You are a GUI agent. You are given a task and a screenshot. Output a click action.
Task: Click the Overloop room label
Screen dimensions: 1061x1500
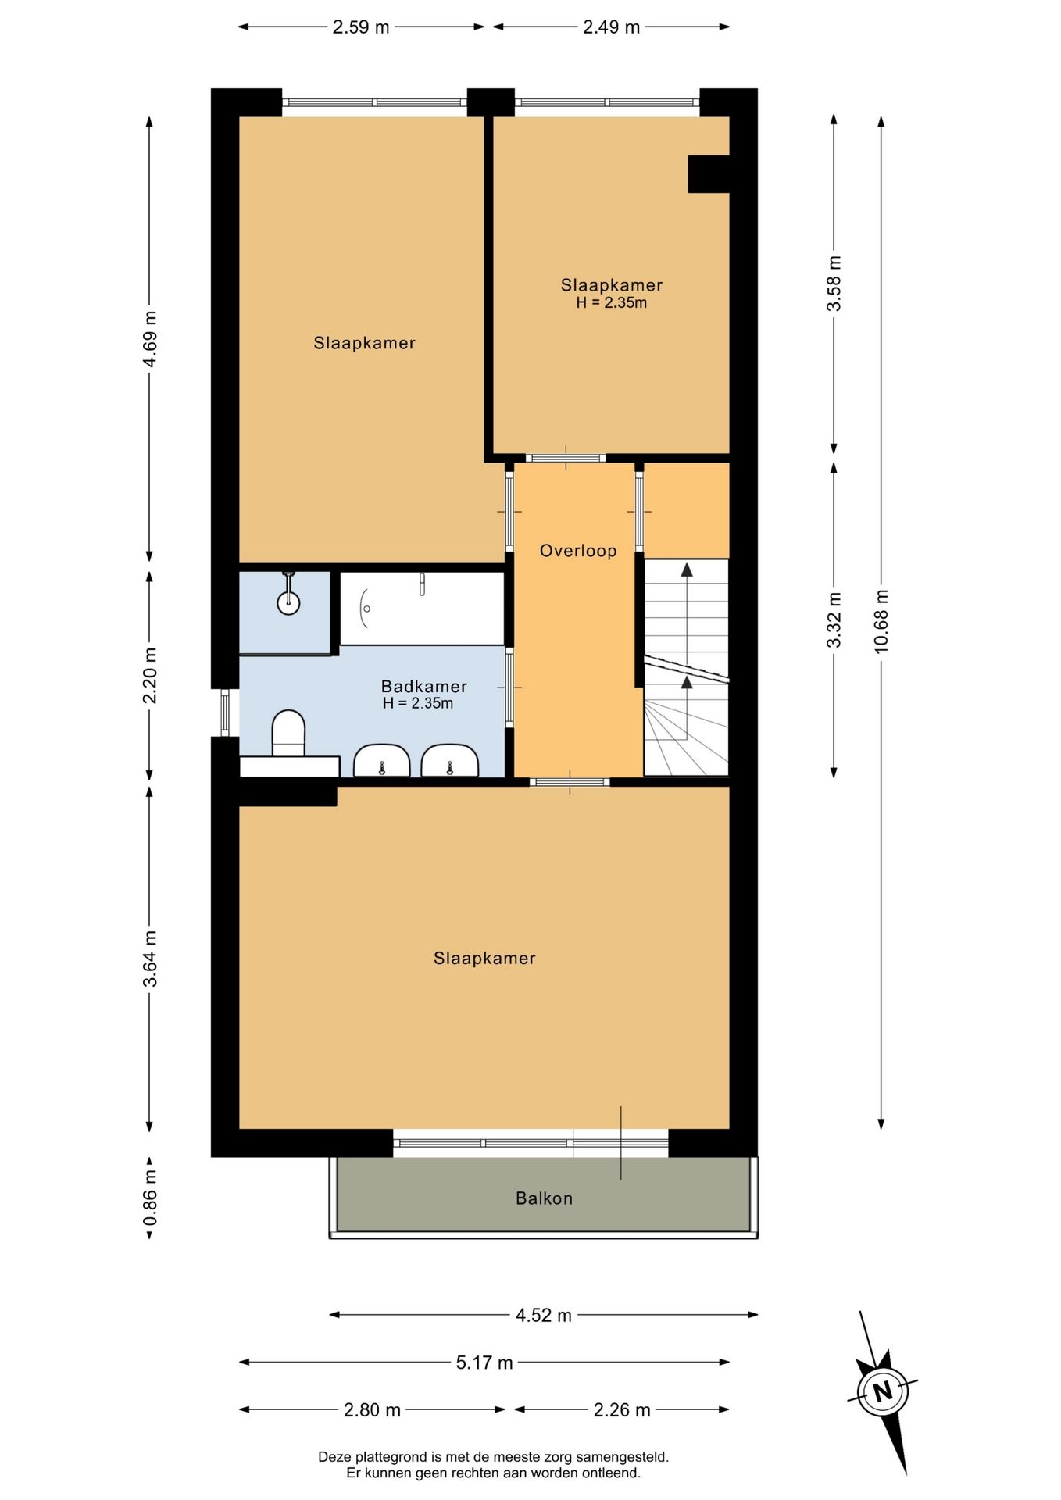(578, 551)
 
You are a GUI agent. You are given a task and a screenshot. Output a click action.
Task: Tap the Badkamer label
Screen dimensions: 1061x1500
(424, 686)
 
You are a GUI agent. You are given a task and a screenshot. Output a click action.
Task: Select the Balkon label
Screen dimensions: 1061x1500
(545, 1198)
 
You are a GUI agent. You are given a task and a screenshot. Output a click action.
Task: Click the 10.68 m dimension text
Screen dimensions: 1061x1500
(881, 621)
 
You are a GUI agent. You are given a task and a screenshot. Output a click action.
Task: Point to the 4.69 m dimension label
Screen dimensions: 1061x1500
(150, 338)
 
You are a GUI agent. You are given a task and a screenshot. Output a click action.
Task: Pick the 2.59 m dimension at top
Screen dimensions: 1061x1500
(361, 27)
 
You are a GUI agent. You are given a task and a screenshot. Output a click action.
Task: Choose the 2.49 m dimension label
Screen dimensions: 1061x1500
(612, 27)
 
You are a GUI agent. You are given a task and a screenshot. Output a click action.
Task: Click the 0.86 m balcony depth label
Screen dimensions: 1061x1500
(150, 1198)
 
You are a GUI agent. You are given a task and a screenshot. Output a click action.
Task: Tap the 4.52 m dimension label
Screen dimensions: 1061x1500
(544, 1316)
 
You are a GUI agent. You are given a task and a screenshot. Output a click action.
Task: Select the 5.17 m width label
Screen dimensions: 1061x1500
(484, 1363)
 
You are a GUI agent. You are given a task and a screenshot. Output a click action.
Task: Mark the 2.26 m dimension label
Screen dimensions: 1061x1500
(622, 1410)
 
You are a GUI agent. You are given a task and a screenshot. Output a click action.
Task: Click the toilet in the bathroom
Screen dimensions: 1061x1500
(288, 733)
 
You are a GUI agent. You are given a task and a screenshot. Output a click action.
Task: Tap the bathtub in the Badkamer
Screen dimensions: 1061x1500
(422, 609)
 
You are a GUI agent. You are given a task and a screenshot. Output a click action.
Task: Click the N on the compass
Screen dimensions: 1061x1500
(883, 1391)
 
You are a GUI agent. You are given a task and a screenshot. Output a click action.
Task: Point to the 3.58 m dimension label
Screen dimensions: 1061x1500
(834, 283)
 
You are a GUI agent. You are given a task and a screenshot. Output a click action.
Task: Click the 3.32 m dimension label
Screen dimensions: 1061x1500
(834, 620)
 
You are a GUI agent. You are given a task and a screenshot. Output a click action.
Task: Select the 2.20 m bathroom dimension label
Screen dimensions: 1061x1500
(150, 676)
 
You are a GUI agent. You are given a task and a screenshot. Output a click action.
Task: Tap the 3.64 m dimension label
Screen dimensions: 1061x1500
(150, 959)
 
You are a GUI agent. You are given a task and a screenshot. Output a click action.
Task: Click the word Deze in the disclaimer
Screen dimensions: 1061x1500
(334, 1457)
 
